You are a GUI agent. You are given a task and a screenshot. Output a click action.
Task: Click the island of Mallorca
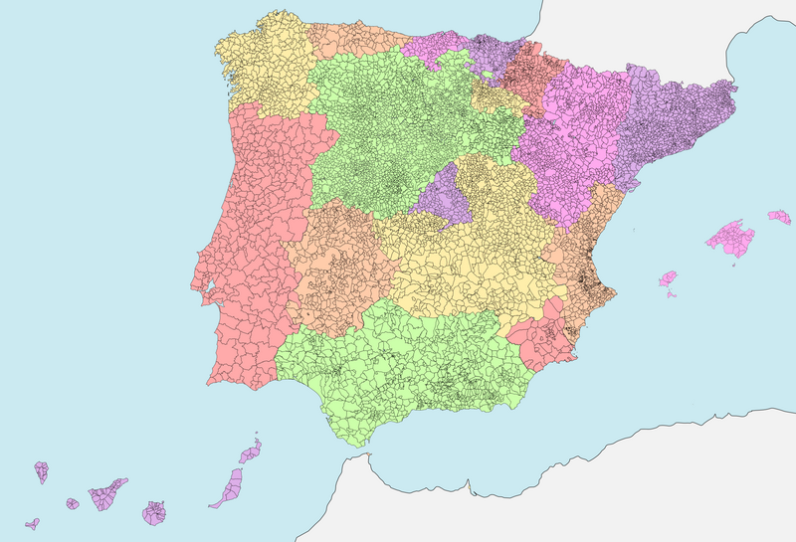pos(730,240)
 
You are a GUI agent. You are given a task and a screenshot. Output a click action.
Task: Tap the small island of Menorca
pos(779,216)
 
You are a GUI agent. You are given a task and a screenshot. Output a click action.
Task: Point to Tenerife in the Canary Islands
pos(107,493)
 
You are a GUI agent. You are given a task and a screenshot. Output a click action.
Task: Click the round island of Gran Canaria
pos(154,513)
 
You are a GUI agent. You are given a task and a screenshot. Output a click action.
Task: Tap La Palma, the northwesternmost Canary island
pos(42,470)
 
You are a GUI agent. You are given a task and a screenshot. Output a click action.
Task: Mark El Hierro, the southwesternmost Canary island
pos(33,523)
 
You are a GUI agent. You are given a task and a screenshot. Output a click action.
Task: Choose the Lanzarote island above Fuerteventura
pos(250,453)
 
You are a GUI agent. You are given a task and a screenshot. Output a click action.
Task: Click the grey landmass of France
pos(647,30)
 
